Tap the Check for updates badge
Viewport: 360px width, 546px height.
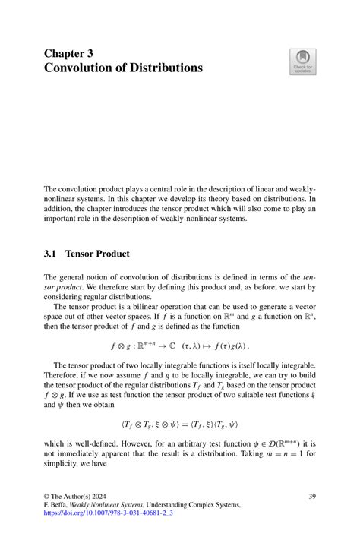pyautogui.click(x=302, y=62)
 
